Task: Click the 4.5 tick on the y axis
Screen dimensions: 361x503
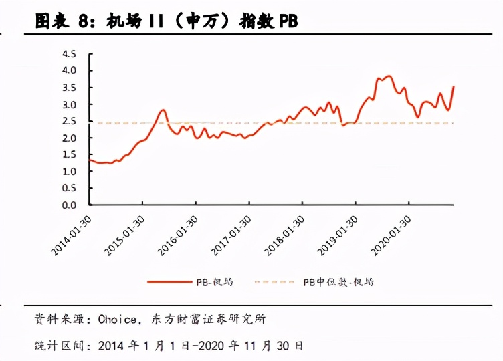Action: click(x=69, y=53)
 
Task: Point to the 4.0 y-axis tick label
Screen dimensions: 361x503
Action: click(x=69, y=70)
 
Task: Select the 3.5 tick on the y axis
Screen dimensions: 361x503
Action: click(x=69, y=88)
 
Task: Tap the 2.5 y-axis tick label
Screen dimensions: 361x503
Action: click(x=69, y=121)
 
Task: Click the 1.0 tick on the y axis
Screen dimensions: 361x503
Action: click(x=69, y=172)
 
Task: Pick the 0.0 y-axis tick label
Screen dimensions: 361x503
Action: click(x=69, y=205)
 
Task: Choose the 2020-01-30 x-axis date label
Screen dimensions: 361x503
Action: click(x=391, y=235)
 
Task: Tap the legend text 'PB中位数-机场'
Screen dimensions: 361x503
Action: click(x=338, y=282)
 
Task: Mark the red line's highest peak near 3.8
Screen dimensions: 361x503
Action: click(x=389, y=76)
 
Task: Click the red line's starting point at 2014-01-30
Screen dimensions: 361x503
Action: click(x=90, y=159)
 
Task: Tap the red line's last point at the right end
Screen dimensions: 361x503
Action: click(x=454, y=86)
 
